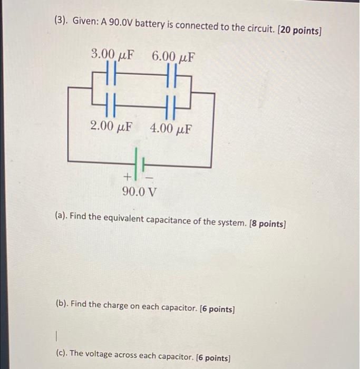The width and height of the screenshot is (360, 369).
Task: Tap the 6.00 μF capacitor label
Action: (173, 55)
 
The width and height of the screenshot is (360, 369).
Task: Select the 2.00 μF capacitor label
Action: (111, 127)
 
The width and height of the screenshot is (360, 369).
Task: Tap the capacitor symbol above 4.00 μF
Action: (170, 104)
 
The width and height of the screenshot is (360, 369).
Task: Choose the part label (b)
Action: (62, 304)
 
